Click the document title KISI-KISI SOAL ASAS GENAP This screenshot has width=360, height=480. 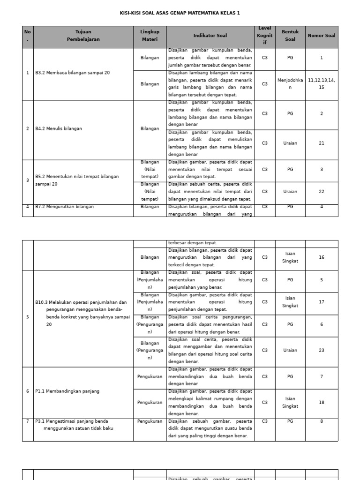(180, 13)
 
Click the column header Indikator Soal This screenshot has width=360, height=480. (210, 36)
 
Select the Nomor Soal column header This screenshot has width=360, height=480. (321, 36)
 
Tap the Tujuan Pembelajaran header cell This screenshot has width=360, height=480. (83, 36)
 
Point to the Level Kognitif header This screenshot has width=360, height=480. (264, 36)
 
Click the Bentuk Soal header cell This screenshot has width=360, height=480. (290, 36)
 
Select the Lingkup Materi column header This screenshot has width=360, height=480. (150, 36)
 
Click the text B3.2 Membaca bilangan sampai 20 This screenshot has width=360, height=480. (73, 73)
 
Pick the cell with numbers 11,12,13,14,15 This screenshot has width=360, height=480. (321, 84)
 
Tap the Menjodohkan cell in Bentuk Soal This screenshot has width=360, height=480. (290, 84)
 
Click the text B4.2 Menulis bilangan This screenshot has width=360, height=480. (59, 128)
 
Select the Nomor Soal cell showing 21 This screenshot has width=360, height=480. (321, 143)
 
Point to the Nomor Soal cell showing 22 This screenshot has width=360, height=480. (321, 191)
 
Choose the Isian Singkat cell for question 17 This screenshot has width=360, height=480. (290, 302)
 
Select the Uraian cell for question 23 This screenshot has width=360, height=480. (290, 350)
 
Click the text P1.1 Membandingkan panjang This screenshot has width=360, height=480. (67, 391)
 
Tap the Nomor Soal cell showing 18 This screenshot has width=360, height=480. (321, 402)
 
